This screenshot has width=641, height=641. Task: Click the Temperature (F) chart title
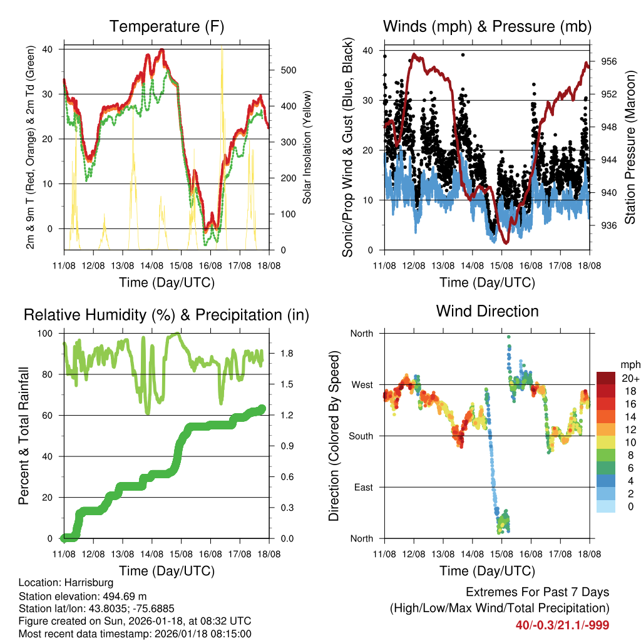click(167, 26)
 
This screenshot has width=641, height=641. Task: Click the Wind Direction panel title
click(487, 310)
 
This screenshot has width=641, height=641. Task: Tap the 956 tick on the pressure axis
click(609, 61)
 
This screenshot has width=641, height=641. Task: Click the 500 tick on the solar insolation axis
click(287, 70)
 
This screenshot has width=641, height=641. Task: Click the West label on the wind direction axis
click(362, 384)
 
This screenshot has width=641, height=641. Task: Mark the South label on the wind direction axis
click(361, 436)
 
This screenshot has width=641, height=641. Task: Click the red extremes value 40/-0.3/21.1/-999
click(562, 625)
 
